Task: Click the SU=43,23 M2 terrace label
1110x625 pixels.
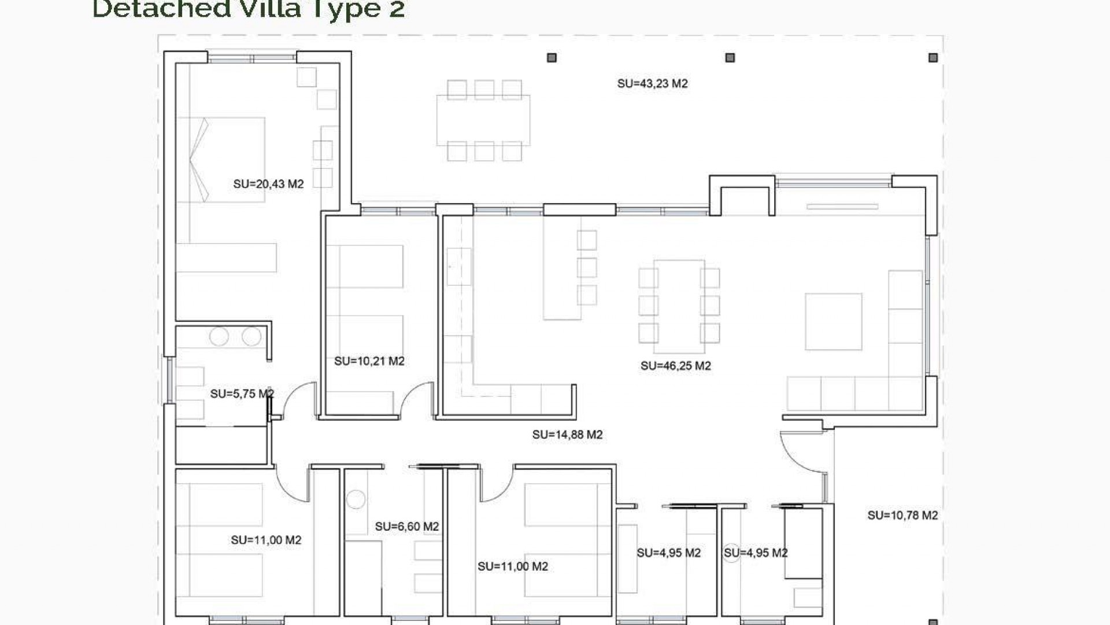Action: [x=652, y=84]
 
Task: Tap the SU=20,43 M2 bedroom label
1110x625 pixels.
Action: [x=268, y=184]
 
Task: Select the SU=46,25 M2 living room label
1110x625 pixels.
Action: [x=675, y=366]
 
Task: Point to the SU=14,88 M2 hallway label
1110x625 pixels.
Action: [x=567, y=435]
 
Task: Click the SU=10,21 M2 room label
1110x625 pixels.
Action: [x=369, y=361]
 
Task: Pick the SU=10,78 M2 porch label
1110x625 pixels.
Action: [x=902, y=515]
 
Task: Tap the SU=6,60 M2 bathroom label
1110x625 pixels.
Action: [x=406, y=527]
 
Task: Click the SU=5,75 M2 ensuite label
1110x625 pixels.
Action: [x=242, y=394]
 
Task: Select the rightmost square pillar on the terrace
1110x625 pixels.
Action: [x=933, y=58]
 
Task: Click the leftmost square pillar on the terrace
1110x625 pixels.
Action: [x=552, y=58]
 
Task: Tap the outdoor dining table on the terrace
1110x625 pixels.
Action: [x=483, y=120]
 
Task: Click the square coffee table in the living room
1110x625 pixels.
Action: [x=833, y=322]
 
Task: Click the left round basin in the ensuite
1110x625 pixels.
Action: [x=219, y=336]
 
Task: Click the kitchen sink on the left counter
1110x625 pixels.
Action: [x=459, y=266]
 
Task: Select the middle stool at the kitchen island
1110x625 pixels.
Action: [x=587, y=267]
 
